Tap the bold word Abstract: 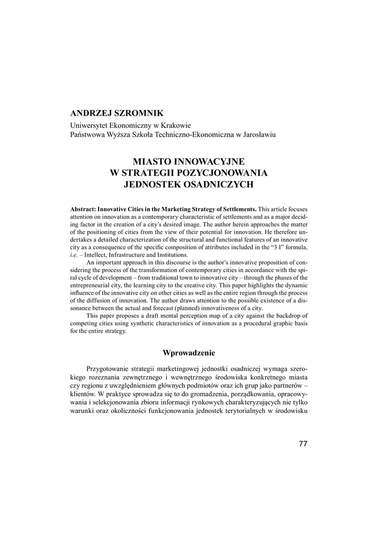84,209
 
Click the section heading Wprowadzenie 188,353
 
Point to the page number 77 303,443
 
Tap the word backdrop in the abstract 287,315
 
